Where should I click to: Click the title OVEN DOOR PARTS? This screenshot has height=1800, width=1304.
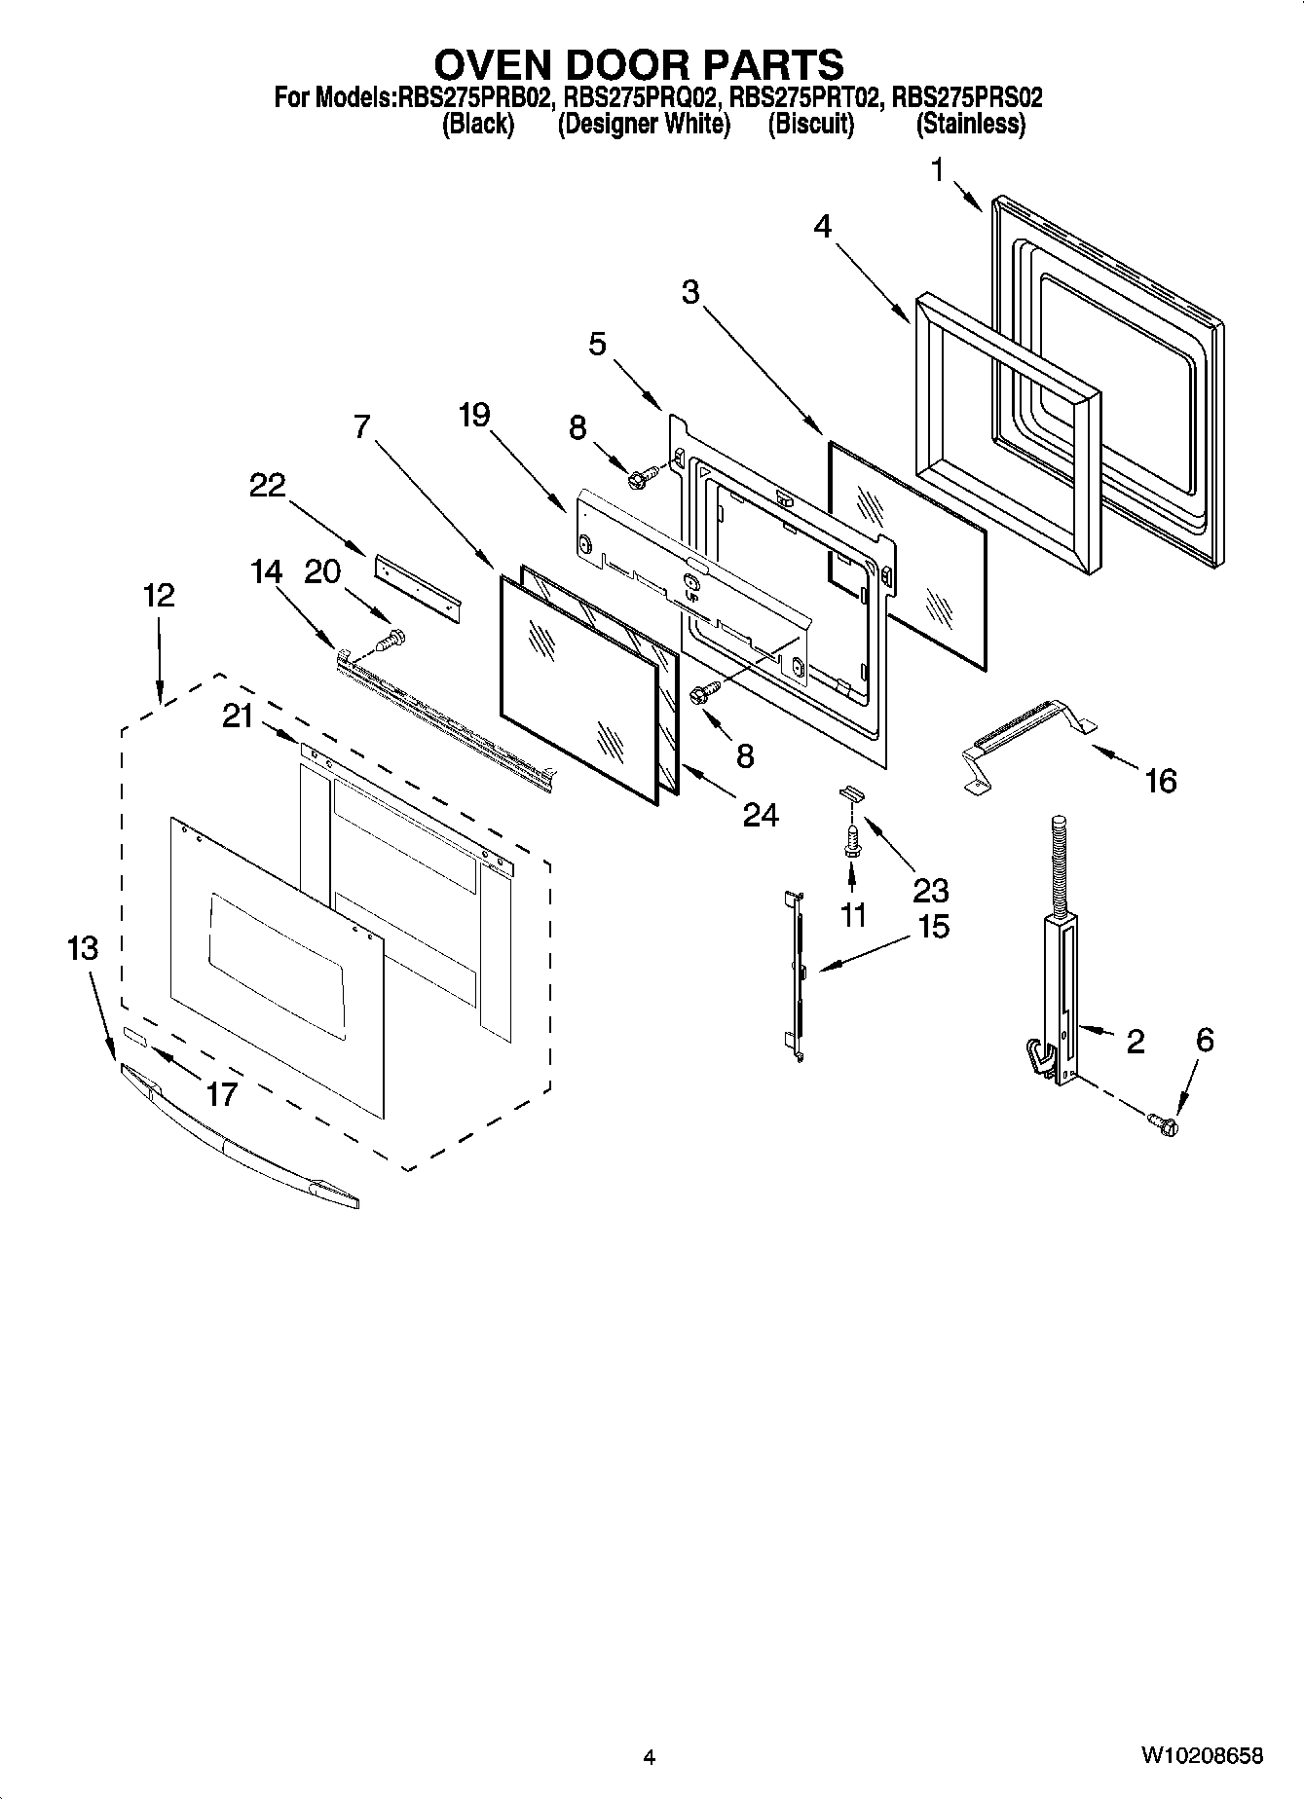click(x=638, y=64)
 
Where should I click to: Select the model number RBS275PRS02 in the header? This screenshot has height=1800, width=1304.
click(x=967, y=98)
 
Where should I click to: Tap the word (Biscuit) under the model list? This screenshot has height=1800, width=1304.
click(x=810, y=125)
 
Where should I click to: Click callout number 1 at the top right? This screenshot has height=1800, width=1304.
click(x=937, y=171)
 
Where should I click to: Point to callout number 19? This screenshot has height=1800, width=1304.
click(x=474, y=416)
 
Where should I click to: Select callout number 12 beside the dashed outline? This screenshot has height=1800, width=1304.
click(x=159, y=595)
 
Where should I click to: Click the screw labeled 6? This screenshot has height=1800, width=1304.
click(x=1164, y=1124)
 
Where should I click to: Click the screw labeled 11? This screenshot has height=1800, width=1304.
click(x=851, y=841)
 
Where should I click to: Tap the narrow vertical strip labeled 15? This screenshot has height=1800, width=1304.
click(x=798, y=973)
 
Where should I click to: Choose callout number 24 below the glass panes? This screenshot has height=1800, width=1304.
click(x=761, y=814)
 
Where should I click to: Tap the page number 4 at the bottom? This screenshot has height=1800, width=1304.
click(x=649, y=1757)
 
